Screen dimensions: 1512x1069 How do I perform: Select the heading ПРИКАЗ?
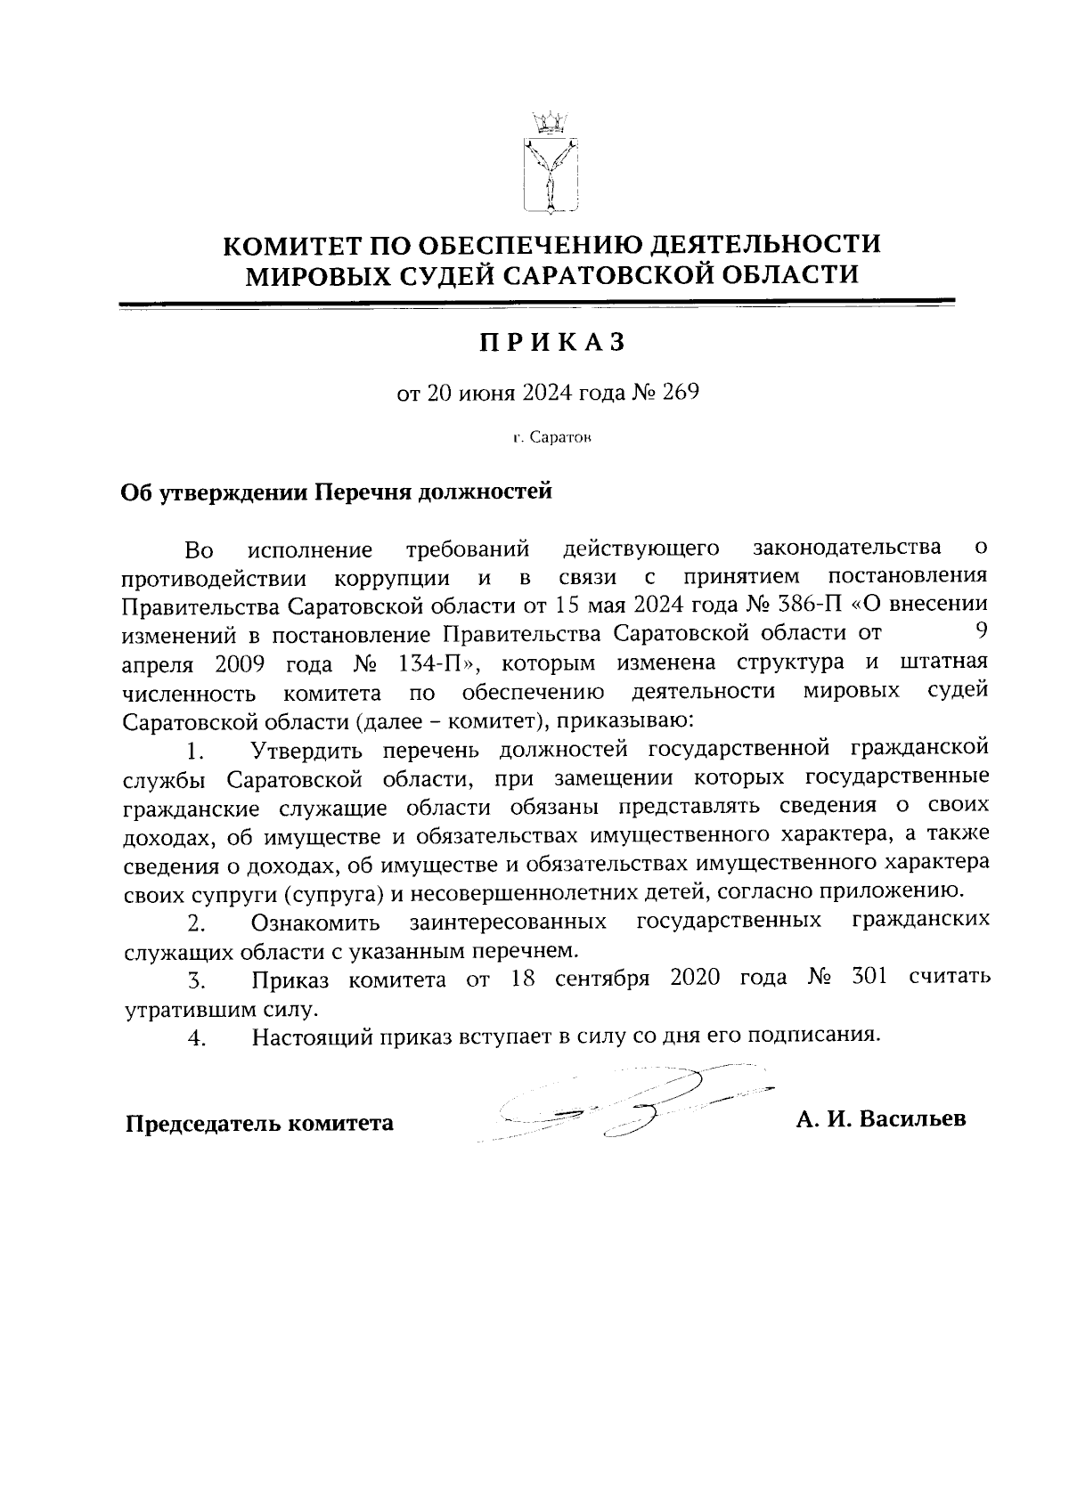click(550, 343)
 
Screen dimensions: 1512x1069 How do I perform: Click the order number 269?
click(680, 392)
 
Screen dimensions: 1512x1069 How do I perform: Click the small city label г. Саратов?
click(551, 439)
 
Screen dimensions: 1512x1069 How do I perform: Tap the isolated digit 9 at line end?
click(980, 632)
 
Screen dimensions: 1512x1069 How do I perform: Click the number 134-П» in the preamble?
click(436, 663)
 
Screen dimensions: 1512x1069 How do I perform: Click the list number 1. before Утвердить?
click(197, 752)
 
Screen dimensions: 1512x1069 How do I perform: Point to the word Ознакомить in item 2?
click(316, 921)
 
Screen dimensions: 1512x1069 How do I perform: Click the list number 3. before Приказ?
click(197, 982)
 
